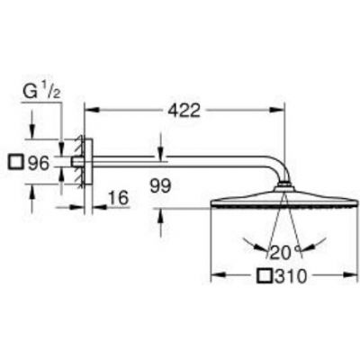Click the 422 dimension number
pyautogui.click(x=184, y=112)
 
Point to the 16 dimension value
pyautogui.click(x=116, y=197)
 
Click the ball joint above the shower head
pyautogui.click(x=285, y=186)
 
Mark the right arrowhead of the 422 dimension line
pyautogui.click(x=281, y=112)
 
